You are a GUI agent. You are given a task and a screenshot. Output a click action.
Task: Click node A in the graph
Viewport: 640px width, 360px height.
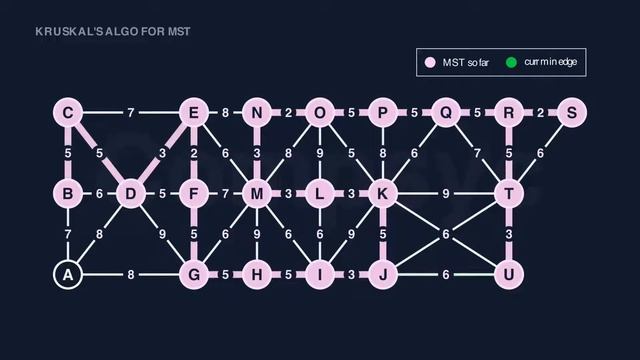point(67,273)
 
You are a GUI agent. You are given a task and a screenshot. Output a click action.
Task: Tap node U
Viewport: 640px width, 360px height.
point(509,273)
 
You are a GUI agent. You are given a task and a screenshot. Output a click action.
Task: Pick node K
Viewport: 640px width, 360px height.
point(383,193)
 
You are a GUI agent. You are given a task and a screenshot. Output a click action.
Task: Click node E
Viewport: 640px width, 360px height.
point(194,113)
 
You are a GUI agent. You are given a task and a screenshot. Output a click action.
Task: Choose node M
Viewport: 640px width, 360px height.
point(257,193)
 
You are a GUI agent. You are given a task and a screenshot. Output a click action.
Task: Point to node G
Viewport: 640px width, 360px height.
point(194,273)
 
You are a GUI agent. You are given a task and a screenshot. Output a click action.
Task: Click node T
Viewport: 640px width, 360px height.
point(509,193)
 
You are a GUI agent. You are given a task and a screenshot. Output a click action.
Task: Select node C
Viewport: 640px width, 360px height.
point(67,113)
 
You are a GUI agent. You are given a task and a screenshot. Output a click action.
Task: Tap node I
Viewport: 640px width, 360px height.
point(320,273)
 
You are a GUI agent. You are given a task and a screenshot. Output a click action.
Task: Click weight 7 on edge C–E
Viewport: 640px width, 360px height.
point(130,113)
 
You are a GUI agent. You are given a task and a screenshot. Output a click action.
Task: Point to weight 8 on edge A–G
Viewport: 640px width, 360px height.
point(130,273)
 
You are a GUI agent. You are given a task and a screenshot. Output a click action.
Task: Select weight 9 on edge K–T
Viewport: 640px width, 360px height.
point(446,193)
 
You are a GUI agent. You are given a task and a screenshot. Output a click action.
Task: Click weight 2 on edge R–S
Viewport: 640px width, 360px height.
point(540,113)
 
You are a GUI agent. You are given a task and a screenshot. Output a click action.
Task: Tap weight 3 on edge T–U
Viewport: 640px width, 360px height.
point(509,234)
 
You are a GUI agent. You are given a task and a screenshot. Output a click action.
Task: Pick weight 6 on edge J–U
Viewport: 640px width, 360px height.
point(446,273)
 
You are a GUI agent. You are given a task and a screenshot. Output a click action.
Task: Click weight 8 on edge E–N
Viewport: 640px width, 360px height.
point(226,113)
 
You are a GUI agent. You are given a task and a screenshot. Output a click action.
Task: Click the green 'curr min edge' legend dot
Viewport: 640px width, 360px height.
point(511,63)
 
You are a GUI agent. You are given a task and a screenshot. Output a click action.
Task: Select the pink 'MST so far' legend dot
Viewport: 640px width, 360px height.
point(431,63)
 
